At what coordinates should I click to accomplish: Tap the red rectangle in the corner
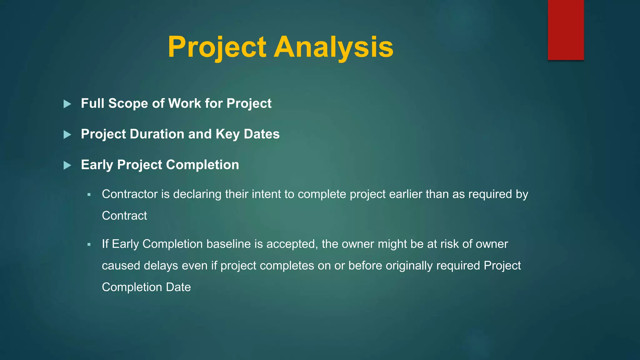coord(566,30)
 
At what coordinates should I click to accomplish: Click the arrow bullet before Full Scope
coord(67,104)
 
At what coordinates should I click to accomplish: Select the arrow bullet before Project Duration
coord(67,135)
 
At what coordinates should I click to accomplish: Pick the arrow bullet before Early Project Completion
coord(67,165)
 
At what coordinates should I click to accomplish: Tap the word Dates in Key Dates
coord(262,134)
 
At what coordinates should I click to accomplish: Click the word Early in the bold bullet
coord(97,165)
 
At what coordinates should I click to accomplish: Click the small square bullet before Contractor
coord(89,195)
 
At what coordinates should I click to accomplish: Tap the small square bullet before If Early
coord(89,244)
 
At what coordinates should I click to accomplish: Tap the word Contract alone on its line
coord(124,216)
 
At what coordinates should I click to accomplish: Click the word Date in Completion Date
coord(178,287)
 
